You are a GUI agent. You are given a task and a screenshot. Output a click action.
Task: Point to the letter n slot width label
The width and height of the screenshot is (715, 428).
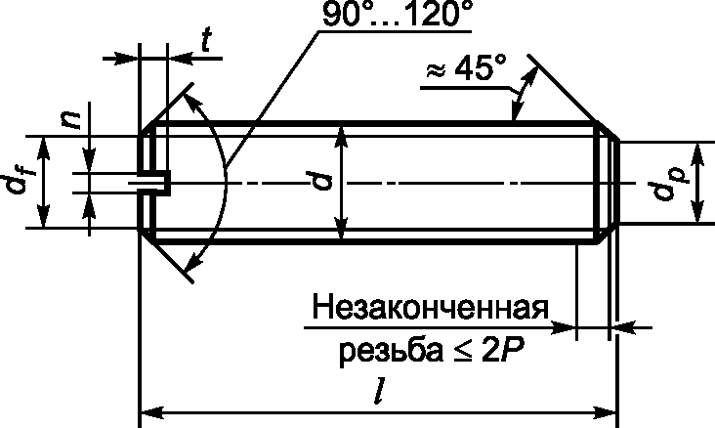69,118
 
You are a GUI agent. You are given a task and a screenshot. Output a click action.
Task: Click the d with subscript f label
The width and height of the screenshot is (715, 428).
17,181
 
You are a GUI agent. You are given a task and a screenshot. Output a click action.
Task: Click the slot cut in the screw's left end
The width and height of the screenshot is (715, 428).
157,180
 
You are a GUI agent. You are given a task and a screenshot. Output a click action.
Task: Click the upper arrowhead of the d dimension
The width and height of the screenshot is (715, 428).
341,132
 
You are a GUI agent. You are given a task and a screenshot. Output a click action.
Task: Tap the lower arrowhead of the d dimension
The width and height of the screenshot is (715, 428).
341,230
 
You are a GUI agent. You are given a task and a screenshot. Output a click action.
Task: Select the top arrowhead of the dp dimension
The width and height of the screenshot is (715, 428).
697,150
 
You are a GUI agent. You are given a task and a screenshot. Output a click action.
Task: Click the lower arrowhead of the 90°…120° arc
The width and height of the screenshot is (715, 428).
193,260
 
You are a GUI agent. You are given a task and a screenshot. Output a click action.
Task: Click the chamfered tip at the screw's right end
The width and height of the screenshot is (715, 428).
608,182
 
